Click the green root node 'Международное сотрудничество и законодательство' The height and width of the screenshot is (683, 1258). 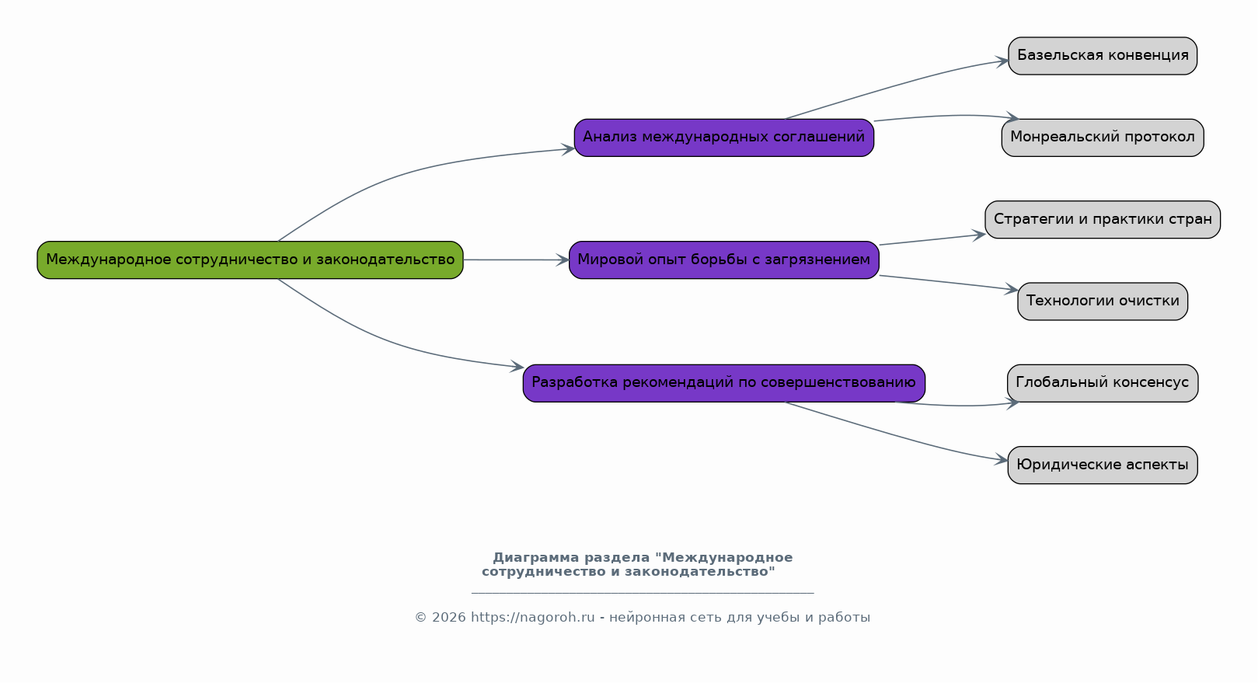pos(250,260)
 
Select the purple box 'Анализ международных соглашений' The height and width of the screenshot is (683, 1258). pos(724,138)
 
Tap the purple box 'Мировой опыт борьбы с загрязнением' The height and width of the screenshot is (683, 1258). pos(724,260)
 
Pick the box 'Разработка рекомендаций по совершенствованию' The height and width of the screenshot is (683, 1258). pos(724,383)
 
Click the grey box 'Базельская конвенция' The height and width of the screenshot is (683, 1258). pos(1103,56)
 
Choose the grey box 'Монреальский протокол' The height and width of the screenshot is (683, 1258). pos(1103,138)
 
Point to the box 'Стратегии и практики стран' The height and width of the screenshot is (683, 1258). pos(1103,220)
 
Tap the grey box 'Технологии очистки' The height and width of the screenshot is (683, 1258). pos(1103,301)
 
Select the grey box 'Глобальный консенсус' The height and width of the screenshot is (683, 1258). pos(1103,383)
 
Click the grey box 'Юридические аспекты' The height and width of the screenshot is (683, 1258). pos(1103,465)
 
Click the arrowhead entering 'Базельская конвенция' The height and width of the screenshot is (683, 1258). pos(1002,61)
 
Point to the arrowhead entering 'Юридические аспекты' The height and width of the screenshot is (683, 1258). pos(1002,459)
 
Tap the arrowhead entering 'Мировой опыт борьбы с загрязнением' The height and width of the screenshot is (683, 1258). pos(563,260)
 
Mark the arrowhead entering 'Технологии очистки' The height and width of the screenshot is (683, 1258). pos(1012,289)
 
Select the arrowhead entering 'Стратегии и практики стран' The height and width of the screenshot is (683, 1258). pos(979,235)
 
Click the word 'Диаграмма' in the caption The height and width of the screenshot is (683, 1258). pos(536,558)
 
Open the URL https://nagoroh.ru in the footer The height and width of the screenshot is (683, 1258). pos(532,617)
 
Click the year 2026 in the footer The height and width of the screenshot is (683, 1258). pos(448,617)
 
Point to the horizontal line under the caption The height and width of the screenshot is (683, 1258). pos(643,593)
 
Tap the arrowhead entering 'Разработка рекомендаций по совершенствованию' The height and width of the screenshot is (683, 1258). pos(517,367)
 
